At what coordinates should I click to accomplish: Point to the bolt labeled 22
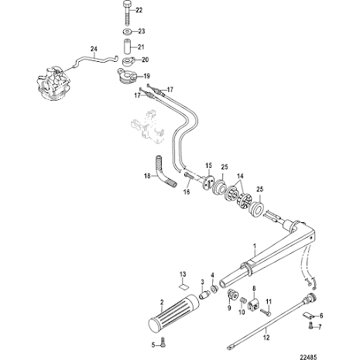tap(125, 12)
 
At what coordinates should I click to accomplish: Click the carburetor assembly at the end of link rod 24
tap(52, 80)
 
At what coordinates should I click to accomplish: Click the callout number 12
tap(266, 337)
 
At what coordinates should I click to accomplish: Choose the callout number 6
tap(321, 316)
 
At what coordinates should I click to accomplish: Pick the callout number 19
tap(146, 76)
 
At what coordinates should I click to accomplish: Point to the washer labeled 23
tap(125, 32)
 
